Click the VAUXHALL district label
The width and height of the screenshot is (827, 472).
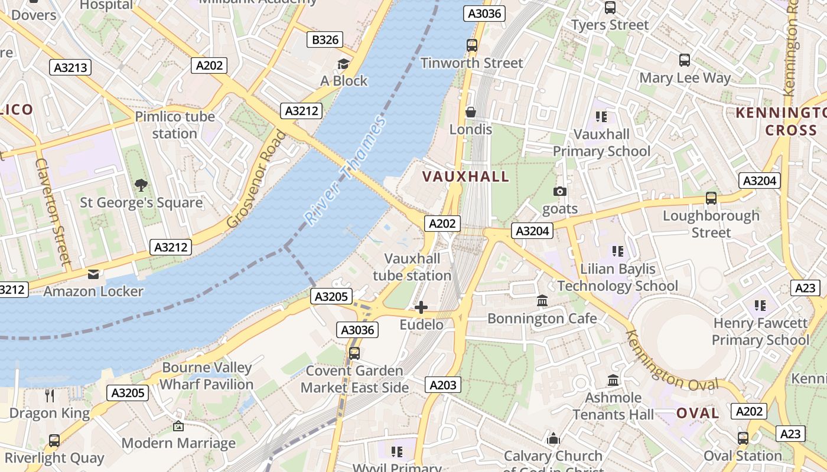(465, 176)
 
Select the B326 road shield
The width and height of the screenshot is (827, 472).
(325, 40)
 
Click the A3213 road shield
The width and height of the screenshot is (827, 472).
(71, 67)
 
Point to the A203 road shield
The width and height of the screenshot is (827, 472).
(443, 385)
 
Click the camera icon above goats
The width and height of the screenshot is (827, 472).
(559, 191)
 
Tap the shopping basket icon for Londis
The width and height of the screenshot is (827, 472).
(471, 112)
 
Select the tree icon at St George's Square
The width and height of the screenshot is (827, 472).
(141, 185)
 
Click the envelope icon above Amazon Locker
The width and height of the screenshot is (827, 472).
(93, 274)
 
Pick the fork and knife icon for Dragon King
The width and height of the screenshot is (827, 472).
(50, 395)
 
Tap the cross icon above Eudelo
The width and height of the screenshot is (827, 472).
(421, 307)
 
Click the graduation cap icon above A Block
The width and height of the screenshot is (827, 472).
(343, 64)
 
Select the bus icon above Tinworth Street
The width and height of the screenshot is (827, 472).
(471, 45)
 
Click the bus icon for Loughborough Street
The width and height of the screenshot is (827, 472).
(711, 198)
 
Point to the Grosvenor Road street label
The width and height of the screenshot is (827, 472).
(256, 179)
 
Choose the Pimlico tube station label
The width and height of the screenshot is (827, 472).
(175, 125)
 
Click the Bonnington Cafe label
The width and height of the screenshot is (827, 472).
(542, 319)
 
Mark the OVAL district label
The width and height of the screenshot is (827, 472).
(698, 413)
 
